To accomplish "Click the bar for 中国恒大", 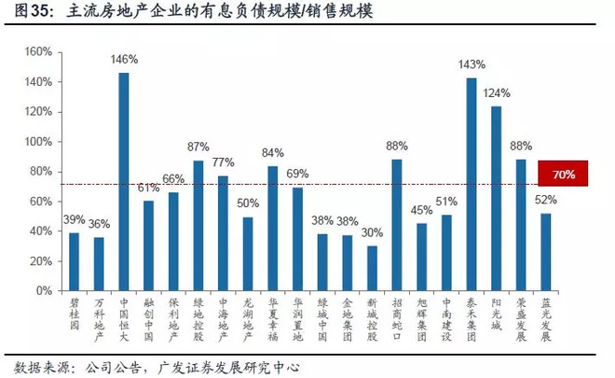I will (124, 182).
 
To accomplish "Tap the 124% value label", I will (496, 93).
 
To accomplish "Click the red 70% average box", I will (563, 174).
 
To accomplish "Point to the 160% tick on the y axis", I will (36, 52).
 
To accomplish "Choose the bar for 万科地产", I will (99, 264).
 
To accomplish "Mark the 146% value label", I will (124, 60).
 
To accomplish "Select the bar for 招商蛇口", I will (397, 225).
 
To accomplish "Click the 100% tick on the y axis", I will (36, 142).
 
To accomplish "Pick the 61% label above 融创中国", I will (149, 187).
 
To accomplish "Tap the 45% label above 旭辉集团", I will (422, 210).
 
